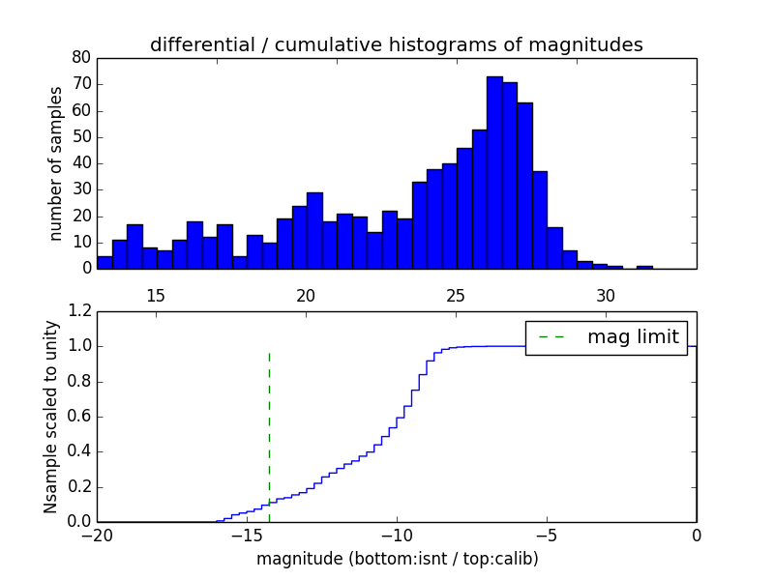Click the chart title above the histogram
(x=397, y=44)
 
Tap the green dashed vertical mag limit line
(x=269, y=435)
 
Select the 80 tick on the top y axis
(x=81, y=57)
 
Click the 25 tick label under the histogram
(x=457, y=295)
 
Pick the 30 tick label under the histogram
(x=607, y=295)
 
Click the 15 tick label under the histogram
(x=157, y=295)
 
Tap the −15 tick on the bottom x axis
(x=247, y=534)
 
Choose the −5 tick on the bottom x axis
(x=547, y=534)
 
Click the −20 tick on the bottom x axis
(x=97, y=534)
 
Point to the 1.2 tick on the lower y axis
(x=80, y=311)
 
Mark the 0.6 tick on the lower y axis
(x=80, y=417)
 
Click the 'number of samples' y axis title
(x=56, y=162)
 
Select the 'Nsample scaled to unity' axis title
(x=50, y=418)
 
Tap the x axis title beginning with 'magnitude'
(x=397, y=559)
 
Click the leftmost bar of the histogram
(x=104, y=262)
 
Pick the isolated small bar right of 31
(x=644, y=267)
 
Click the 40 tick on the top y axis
(x=81, y=163)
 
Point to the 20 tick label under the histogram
(x=307, y=295)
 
